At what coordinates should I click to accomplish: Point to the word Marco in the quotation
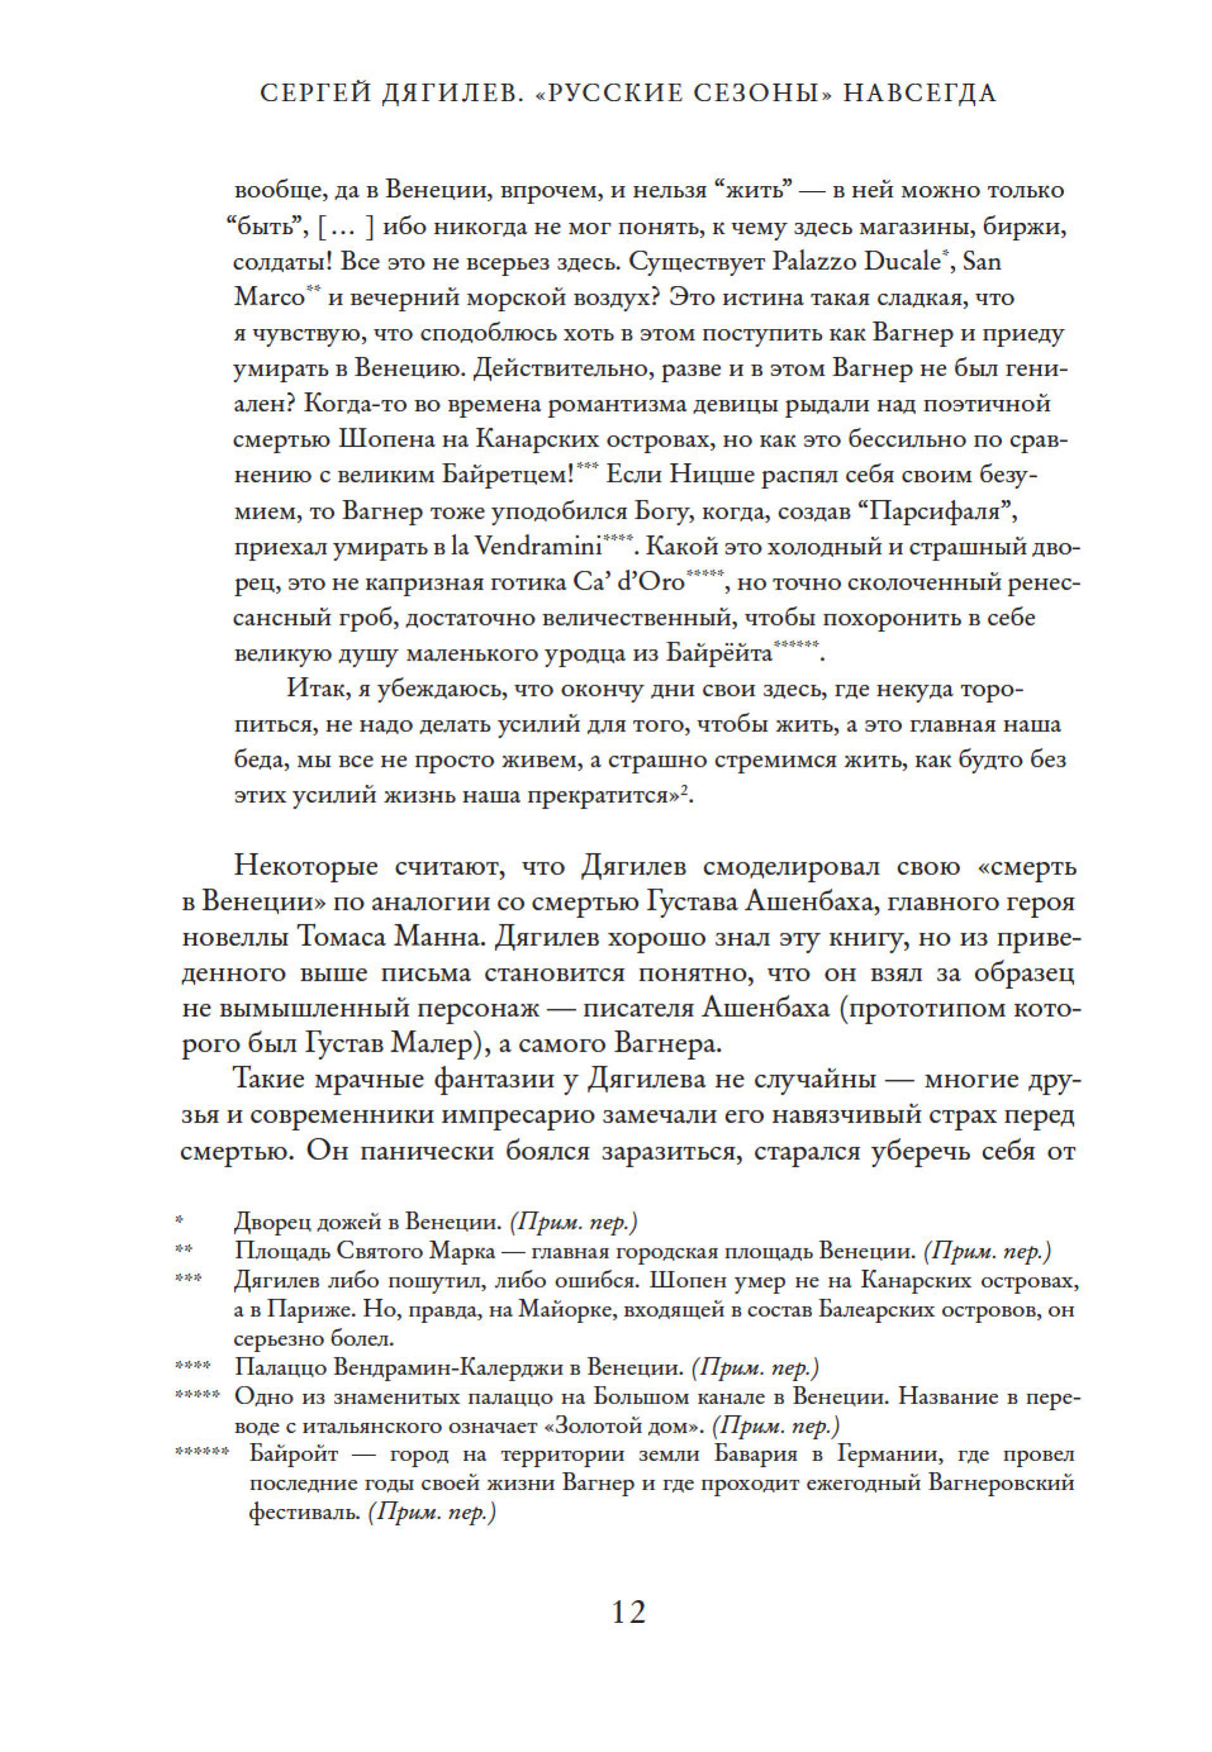(269, 297)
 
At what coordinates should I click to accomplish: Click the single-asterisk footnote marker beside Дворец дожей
(179, 1220)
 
